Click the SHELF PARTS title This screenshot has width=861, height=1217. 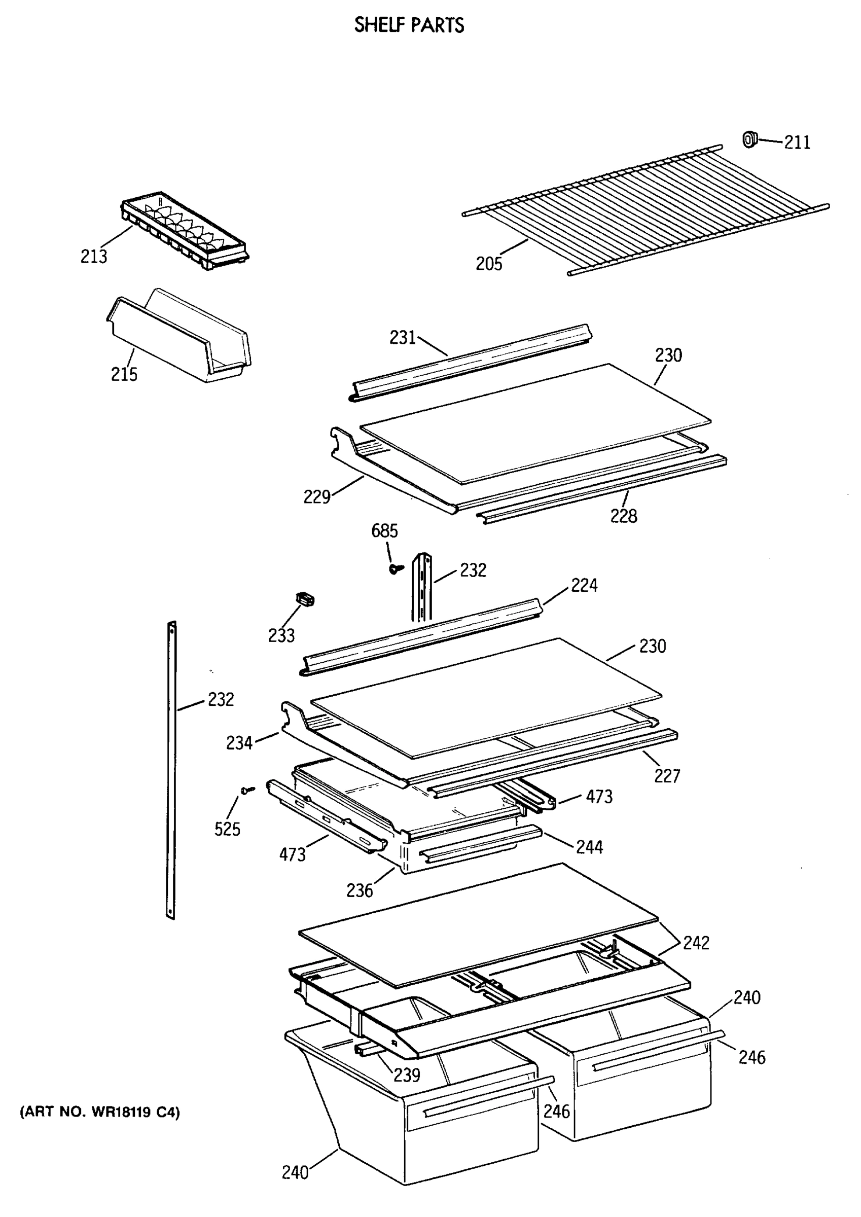409,25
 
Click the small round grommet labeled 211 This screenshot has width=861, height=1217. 748,139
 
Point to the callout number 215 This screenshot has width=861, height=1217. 124,374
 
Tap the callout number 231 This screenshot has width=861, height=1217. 403,338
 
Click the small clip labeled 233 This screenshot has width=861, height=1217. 305,599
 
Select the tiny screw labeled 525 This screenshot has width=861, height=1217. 247,790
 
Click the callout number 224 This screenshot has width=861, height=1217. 584,586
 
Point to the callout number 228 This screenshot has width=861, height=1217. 624,516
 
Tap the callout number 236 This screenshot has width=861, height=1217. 360,890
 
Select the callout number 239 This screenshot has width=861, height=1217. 407,1075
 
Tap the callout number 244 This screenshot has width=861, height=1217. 589,847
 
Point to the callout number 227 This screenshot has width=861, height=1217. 666,776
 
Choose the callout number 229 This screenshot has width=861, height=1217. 316,496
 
